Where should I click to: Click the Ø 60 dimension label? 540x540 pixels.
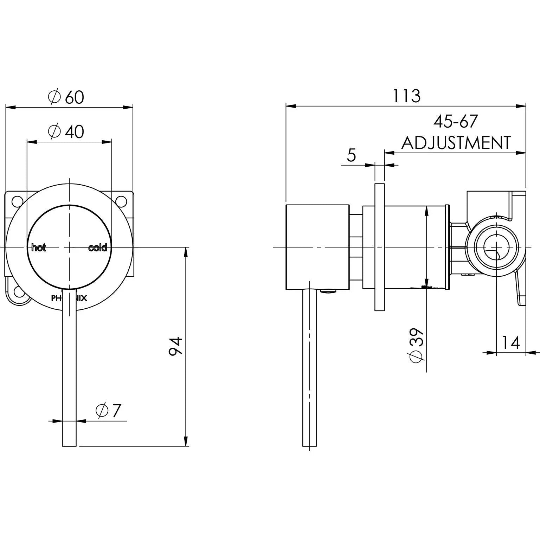coord(66,97)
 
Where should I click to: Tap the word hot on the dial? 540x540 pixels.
coord(39,248)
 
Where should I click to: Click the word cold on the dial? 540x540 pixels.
coord(97,248)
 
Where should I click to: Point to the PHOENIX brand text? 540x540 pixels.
coord(69,298)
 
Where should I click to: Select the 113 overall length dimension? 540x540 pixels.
coord(406,96)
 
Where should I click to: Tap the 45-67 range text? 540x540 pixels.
coord(456,122)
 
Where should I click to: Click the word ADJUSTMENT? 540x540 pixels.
coord(456,143)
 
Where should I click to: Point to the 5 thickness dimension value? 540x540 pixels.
coord(351,155)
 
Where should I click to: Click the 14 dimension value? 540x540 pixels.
coord(510,342)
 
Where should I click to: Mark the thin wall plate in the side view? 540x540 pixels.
coord(380,247)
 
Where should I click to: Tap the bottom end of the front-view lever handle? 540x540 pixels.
coord(69,444)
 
